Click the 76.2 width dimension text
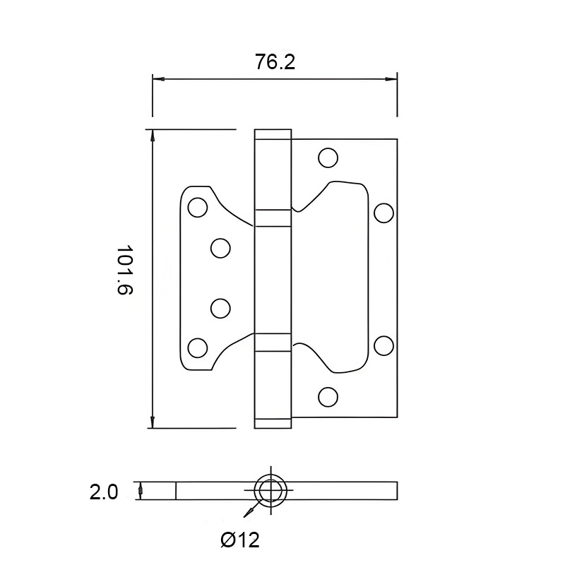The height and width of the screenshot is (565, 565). [x=275, y=62]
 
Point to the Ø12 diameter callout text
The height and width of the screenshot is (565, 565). [x=240, y=540]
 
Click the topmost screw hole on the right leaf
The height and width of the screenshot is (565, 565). [x=328, y=157]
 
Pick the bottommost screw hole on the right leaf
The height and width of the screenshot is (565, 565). [x=328, y=397]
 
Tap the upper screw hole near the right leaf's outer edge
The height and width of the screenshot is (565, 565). [x=383, y=212]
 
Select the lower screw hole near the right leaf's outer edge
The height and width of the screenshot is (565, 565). [x=383, y=345]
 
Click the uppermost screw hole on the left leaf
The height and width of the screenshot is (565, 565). [x=198, y=207]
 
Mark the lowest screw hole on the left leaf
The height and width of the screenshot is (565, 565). [x=198, y=347]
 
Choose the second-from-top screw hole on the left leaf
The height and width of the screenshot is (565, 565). [x=220, y=247]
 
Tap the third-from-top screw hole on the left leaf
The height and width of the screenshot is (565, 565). [x=220, y=308]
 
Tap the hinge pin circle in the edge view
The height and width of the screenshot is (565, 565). [x=271, y=490]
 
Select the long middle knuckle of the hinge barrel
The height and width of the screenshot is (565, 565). [x=272, y=279]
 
